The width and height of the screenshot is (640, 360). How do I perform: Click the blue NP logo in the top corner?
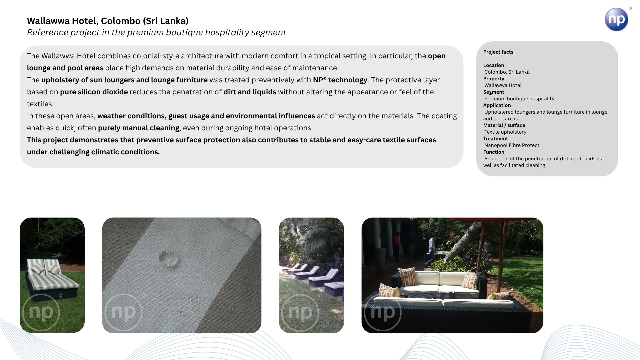616,19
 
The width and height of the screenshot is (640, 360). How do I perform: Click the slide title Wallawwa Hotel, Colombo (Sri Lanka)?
108,21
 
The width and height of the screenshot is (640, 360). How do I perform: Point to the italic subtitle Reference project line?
156,32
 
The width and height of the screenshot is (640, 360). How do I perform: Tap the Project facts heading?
498,52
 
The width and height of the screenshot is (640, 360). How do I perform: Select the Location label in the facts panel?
493,65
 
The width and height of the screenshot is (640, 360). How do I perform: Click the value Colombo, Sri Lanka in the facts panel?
507,72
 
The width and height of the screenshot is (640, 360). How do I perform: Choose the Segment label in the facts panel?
494,92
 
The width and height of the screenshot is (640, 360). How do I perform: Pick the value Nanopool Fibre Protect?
512,145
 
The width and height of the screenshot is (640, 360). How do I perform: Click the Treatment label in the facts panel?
495,139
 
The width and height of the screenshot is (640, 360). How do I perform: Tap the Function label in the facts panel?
494,152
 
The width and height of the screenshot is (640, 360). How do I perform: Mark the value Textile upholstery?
505,132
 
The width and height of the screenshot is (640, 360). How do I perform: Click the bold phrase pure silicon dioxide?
94,92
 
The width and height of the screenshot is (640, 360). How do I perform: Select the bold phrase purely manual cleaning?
139,128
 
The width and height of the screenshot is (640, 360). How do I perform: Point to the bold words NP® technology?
340,80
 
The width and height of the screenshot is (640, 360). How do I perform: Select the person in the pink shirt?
397,247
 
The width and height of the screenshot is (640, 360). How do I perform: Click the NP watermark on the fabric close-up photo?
123,312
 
